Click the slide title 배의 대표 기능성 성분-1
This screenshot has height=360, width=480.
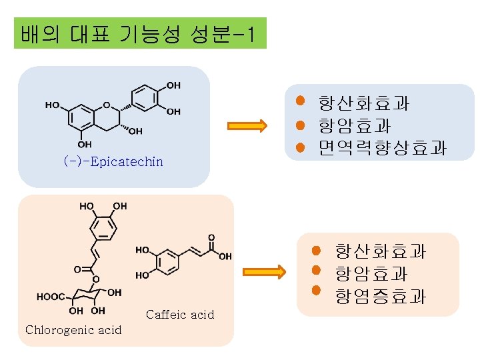point(139,33)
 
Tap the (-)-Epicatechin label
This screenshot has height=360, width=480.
point(113,162)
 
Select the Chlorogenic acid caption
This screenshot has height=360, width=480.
point(73,330)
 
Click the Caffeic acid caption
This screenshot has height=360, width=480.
point(180,315)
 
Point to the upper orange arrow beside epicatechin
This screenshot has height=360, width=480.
point(247,125)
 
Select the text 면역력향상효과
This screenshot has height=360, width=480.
point(382,148)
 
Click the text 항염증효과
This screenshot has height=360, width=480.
point(381,296)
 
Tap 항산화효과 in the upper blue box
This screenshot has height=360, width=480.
point(363,104)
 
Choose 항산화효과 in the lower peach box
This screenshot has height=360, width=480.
point(381,251)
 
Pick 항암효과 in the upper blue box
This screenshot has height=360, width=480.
point(355,126)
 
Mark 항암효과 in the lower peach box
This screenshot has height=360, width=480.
point(371,273)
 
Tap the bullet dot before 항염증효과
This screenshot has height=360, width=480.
point(317,291)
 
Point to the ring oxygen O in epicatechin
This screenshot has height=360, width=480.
point(107,104)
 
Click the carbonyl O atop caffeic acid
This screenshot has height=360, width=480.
point(211,237)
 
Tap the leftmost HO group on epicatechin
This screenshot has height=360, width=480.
point(52,105)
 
